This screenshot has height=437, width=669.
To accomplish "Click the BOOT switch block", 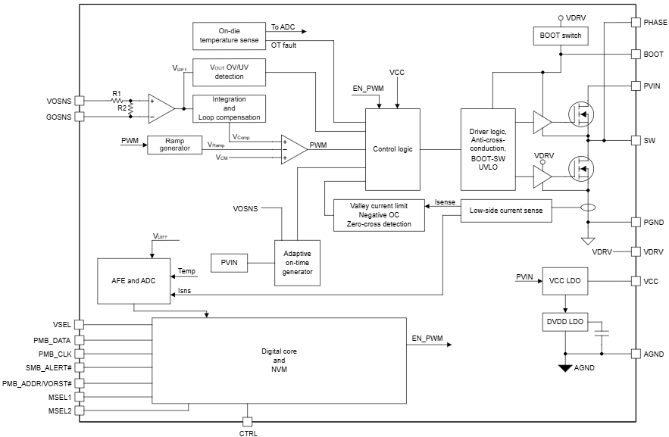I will point(560,36).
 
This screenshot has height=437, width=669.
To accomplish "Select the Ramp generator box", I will point(175,145).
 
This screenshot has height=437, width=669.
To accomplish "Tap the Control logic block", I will point(392,149).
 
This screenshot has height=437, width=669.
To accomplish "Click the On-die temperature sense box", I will point(228,35).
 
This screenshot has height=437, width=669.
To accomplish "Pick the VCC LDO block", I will point(564,281).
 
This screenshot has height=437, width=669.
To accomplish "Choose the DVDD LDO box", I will point(564,322).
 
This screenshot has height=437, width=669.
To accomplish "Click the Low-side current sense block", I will point(506,211).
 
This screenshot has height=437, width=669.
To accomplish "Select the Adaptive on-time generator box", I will point(297,263).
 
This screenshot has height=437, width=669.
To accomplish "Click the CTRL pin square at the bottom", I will point(247,421).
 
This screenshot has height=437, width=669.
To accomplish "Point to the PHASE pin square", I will point(636,23).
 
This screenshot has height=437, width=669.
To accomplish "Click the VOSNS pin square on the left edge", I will point(80,101).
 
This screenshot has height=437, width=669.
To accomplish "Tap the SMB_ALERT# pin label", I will point(48,368).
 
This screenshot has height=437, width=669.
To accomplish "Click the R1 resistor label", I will point(116,93).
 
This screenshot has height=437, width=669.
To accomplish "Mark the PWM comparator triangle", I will point(292,148).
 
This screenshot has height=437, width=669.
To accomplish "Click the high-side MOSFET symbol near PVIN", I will point(581,114).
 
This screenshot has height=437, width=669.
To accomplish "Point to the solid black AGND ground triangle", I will point(564,369).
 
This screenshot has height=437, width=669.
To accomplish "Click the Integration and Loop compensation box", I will point(229,108).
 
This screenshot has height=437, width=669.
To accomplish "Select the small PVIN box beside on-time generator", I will point(229,262).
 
